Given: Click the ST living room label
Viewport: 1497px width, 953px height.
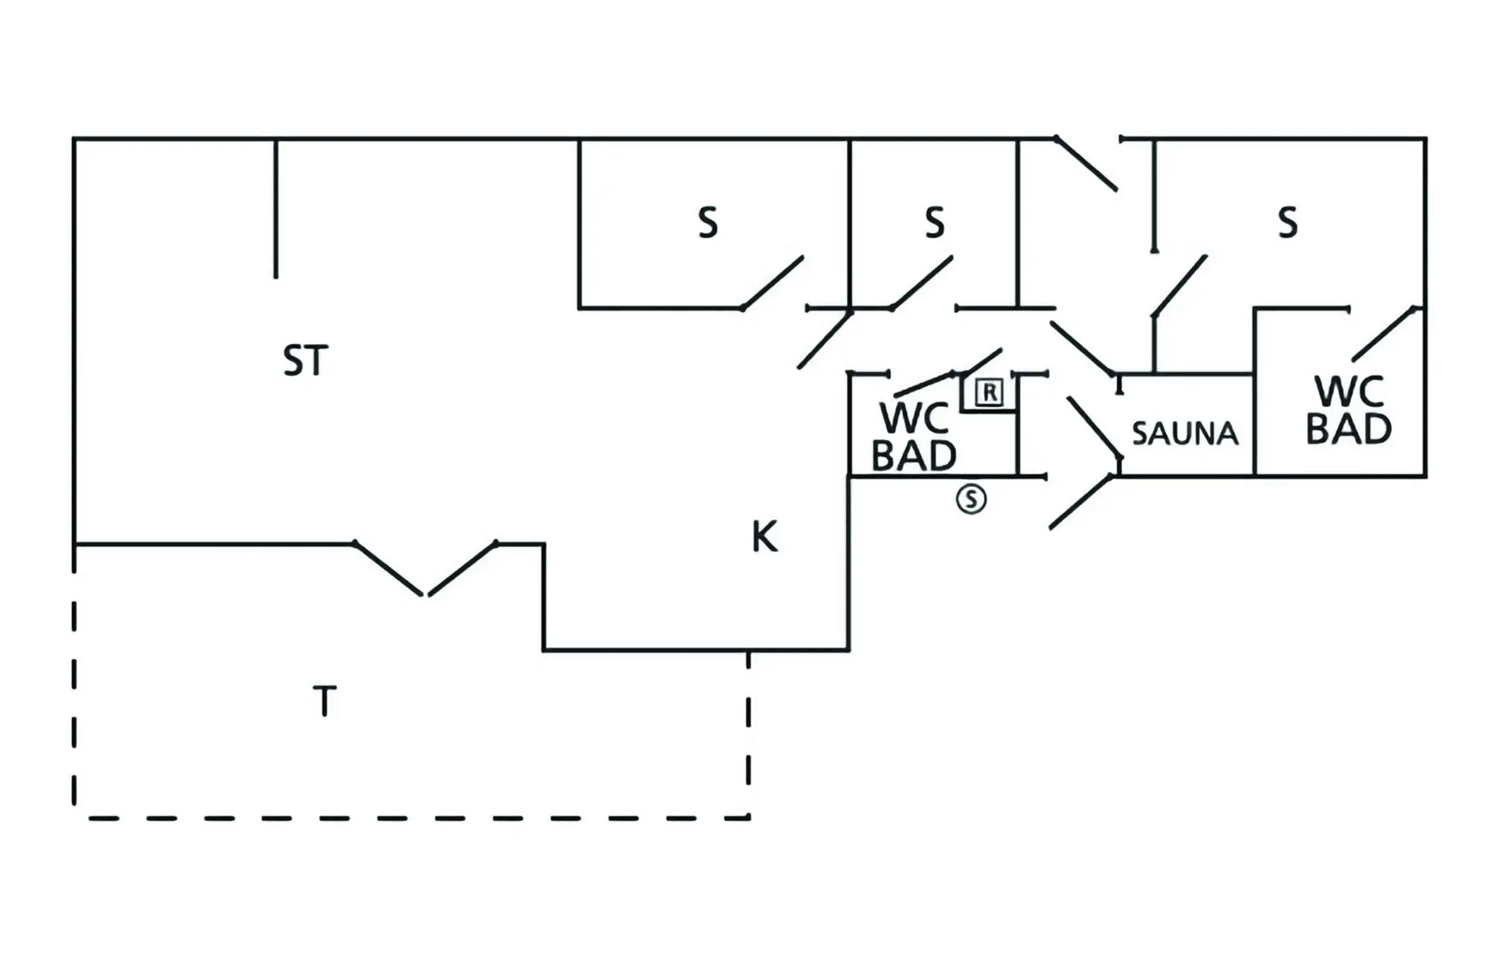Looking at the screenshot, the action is click(305, 361).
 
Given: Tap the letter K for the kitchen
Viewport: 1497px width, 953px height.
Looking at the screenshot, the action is click(764, 537).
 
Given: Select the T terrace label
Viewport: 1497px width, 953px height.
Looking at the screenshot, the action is click(324, 701).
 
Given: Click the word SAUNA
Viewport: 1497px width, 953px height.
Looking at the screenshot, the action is click(1185, 434).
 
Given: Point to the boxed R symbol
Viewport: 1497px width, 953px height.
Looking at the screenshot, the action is click(989, 392).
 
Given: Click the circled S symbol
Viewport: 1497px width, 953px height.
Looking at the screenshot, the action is click(971, 498).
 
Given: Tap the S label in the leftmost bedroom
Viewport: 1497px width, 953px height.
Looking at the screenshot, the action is click(708, 223).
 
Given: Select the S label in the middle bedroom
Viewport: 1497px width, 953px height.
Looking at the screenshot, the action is click(935, 222).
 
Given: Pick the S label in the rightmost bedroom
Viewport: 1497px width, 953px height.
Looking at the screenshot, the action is click(1288, 222).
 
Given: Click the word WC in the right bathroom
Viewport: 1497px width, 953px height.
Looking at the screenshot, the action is click(1349, 391).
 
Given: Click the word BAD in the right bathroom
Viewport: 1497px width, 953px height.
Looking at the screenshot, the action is click(1349, 429).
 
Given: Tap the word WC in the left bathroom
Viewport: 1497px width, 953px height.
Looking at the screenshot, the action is click(914, 419).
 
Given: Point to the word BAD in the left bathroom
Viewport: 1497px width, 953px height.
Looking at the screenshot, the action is click(914, 456).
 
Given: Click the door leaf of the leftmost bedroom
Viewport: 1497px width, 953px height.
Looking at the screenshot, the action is click(773, 282).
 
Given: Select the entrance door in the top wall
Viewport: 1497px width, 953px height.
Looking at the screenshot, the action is click(1086, 164).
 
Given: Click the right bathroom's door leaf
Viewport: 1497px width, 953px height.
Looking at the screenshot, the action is click(1384, 334).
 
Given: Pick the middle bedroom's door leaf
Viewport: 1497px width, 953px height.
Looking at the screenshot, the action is click(922, 282).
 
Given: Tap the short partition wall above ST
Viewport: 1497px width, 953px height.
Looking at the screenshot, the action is click(276, 208).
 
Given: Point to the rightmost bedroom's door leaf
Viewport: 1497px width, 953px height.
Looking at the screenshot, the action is click(1180, 286).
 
